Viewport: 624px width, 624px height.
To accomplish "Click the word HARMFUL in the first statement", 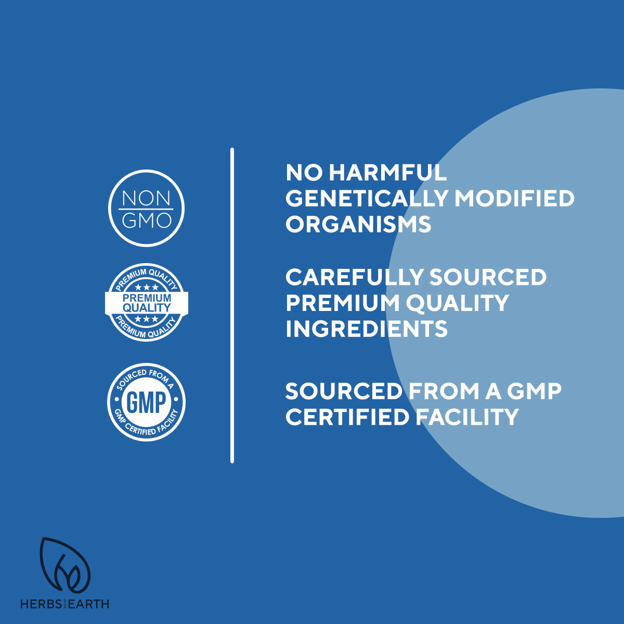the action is pyautogui.click(x=388, y=173).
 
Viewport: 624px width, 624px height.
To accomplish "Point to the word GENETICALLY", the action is pyautogui.click(x=367, y=198).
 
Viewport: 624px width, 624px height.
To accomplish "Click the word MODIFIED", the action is pyautogui.click(x=515, y=198).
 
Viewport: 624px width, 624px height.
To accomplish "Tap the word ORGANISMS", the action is pyautogui.click(x=358, y=224).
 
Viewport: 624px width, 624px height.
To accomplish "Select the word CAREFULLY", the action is pyautogui.click(x=355, y=277).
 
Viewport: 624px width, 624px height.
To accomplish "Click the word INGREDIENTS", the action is pyautogui.click(x=367, y=329).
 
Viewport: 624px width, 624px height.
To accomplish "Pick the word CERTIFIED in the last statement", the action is pyautogui.click(x=347, y=417).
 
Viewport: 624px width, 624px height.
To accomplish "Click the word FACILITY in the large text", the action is pyautogui.click(x=467, y=417).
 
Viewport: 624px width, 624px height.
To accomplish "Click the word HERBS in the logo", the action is pyautogui.click(x=41, y=604).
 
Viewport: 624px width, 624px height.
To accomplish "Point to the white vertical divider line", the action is pyautogui.click(x=232, y=305).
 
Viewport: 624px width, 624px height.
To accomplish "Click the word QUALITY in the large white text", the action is pyautogui.click(x=457, y=303).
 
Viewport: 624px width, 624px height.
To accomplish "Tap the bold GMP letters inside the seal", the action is pyautogui.click(x=146, y=402).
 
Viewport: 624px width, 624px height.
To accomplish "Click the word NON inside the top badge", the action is pyautogui.click(x=146, y=198).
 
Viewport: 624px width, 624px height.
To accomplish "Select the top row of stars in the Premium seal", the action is pyautogui.click(x=146, y=287).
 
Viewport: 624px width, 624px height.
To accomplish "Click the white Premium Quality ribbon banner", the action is pyautogui.click(x=146, y=303).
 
